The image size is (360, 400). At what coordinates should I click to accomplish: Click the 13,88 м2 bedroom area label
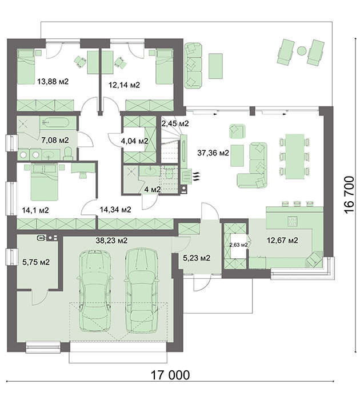tap(53, 82)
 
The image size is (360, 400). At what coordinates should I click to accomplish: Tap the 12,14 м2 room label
tap(124, 85)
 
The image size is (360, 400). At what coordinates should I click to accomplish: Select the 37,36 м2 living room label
tap(213, 153)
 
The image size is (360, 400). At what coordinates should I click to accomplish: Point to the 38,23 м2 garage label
tap(111, 241)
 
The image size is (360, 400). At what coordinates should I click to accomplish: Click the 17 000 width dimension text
tap(170, 375)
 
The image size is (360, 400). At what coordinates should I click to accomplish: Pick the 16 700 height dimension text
tap(349, 195)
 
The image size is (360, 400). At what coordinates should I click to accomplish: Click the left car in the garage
tap(95, 290)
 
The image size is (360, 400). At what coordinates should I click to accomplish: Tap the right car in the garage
tap(141, 290)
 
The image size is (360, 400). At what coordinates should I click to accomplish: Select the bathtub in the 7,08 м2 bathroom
tap(55, 123)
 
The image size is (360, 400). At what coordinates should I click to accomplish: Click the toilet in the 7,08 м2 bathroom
tap(68, 154)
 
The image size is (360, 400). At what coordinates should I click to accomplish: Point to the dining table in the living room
tap(295, 157)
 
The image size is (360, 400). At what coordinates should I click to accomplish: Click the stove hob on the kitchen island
tap(292, 221)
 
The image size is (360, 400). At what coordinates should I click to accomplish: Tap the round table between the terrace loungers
tap(302, 50)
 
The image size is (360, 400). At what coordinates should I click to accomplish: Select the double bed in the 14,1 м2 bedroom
tap(45, 182)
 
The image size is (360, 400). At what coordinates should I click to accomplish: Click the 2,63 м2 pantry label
tap(238, 245)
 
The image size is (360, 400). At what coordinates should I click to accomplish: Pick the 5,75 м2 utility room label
tap(36, 262)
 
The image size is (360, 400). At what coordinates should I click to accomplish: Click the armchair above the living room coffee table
tap(237, 131)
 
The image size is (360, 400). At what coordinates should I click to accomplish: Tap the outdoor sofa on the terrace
tap(193, 66)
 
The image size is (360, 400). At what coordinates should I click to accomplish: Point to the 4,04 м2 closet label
tap(134, 141)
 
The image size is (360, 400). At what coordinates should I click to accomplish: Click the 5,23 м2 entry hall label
tap(197, 258)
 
